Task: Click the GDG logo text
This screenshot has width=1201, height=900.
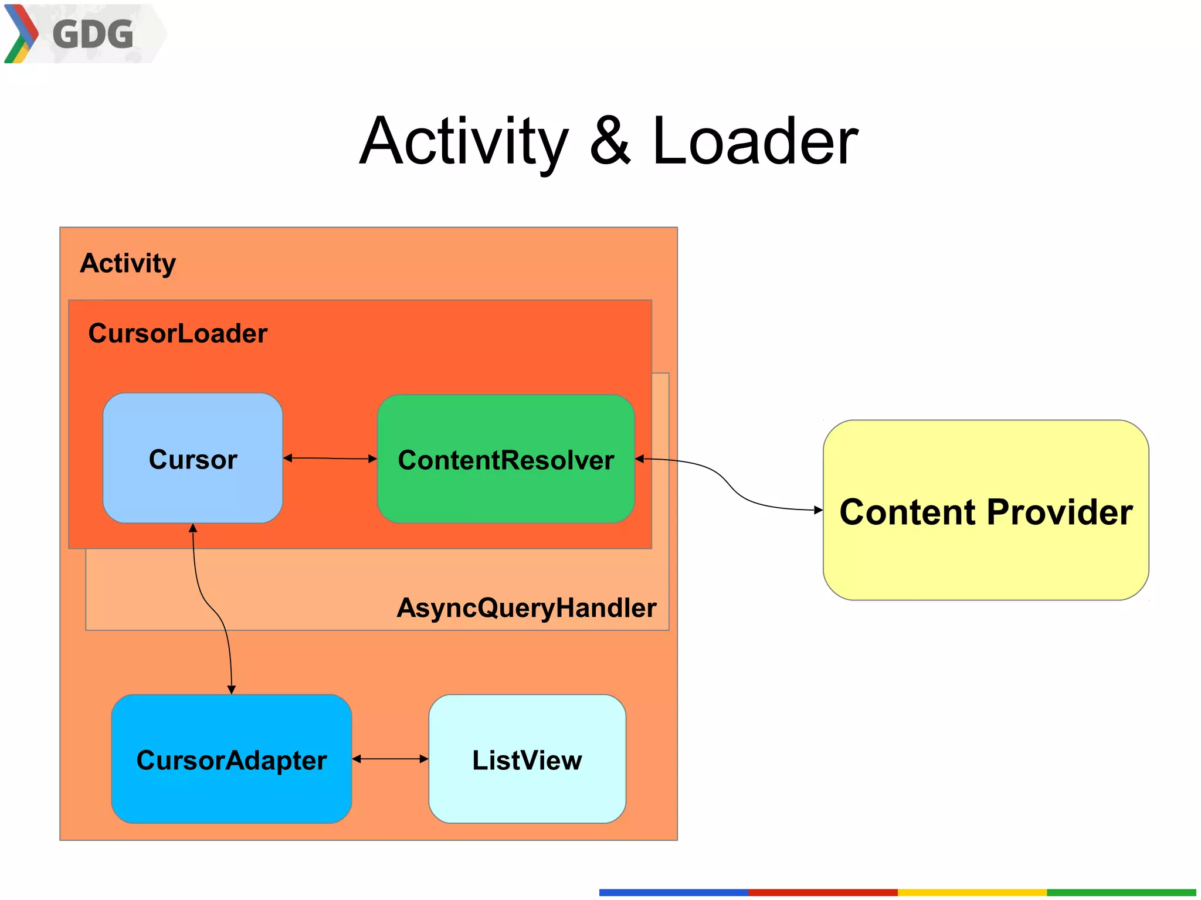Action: (x=93, y=34)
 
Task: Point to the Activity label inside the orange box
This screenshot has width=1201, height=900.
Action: (x=128, y=263)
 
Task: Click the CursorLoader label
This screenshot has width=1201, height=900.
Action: (x=178, y=333)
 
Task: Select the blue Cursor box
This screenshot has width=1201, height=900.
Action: (x=192, y=459)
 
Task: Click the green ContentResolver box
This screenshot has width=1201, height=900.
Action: (x=505, y=459)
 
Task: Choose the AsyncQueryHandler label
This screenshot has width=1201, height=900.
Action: (x=526, y=607)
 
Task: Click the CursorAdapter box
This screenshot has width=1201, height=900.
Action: (x=231, y=760)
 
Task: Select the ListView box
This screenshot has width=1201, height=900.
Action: (x=527, y=760)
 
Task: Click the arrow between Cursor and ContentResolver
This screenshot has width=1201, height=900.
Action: (x=330, y=459)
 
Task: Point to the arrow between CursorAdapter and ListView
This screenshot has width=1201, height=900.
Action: (x=390, y=759)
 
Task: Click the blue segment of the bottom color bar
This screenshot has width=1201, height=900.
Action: (x=673, y=892)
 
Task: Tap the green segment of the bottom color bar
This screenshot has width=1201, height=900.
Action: (x=1121, y=892)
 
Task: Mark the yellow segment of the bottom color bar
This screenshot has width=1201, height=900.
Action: (x=972, y=892)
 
